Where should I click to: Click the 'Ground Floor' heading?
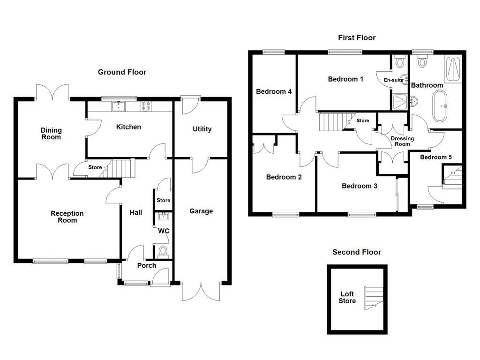pyautogui.click(x=122, y=72)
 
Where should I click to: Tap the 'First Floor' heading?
pyautogui.click(x=357, y=37)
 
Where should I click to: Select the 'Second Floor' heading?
pyautogui.click(x=357, y=252)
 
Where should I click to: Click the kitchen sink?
pyautogui.click(x=119, y=106)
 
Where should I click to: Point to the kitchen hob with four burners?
pyautogui.click(x=146, y=107)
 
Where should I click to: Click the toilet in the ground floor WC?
pyautogui.click(x=163, y=252)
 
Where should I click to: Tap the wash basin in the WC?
pyautogui.click(x=164, y=216)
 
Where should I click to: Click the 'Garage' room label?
pyautogui.click(x=201, y=211)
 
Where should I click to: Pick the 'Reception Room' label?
pyautogui.click(x=67, y=217)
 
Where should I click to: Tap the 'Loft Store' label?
pyautogui.click(x=347, y=298)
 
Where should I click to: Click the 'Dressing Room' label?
pyautogui.click(x=402, y=141)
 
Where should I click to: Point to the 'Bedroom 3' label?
pyautogui.click(x=360, y=186)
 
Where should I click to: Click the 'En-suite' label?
pyautogui.click(x=393, y=80)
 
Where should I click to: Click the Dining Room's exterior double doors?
pyautogui.click(x=52, y=92)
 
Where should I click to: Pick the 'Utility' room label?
pyautogui.click(x=202, y=129)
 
